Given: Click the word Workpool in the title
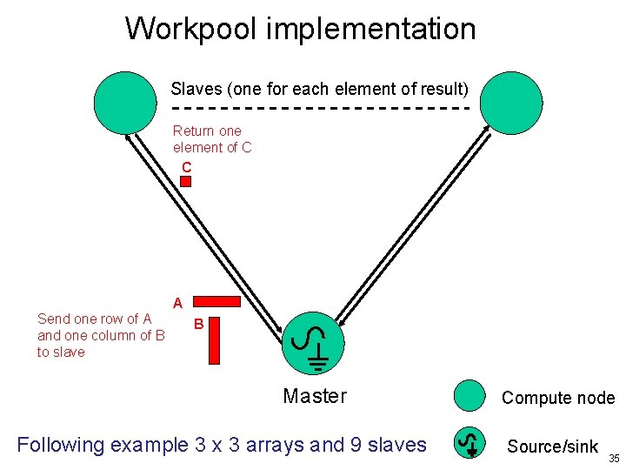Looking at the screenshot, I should click(x=191, y=29).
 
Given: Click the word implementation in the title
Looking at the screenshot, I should click(x=371, y=29).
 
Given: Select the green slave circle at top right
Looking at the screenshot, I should click(x=512, y=102).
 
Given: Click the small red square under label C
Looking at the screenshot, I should click(x=185, y=181).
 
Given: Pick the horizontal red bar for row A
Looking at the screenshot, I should click(x=215, y=302).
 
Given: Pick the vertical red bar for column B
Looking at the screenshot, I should click(x=215, y=339).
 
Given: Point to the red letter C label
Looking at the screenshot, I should click(x=186, y=166).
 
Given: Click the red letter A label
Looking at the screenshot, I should click(x=177, y=304).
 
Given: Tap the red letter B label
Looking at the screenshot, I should click(x=198, y=325).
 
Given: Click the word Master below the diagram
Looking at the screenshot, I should click(x=315, y=397).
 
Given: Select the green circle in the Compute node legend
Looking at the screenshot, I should click(x=469, y=397).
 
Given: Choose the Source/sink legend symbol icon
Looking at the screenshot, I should click(x=469, y=444).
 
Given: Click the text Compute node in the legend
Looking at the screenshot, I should click(x=557, y=399).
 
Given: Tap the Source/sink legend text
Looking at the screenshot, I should click(x=553, y=446).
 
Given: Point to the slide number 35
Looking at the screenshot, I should click(x=614, y=458).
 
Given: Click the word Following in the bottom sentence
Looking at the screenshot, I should click(x=60, y=446).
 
